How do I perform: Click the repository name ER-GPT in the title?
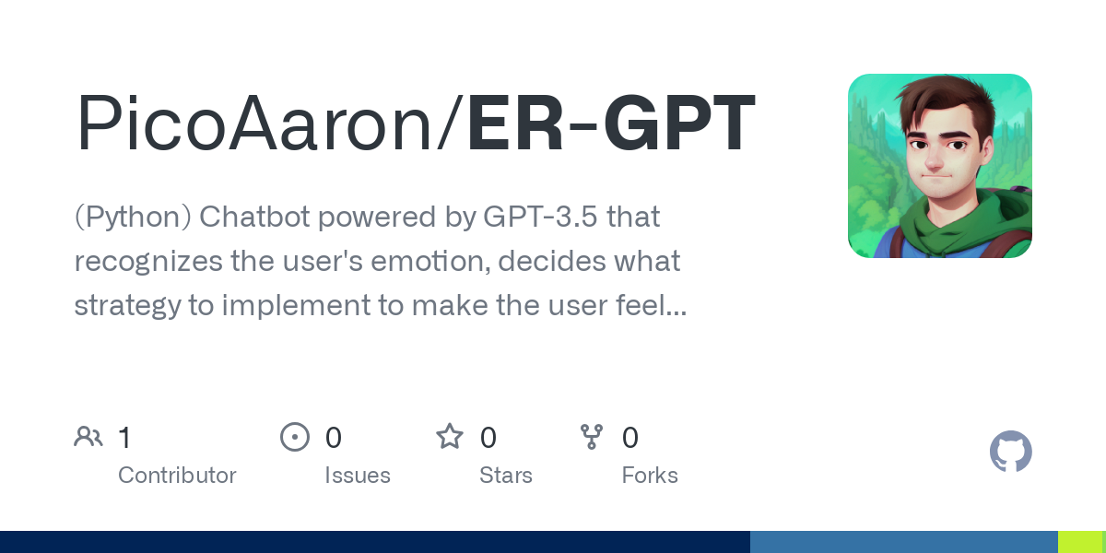pyautogui.click(x=611, y=124)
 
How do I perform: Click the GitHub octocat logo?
pyautogui.click(x=1010, y=453)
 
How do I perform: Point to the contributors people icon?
pyautogui.click(x=88, y=437)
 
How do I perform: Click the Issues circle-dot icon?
pyautogui.click(x=295, y=437)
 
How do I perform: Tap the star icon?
pyautogui.click(x=450, y=437)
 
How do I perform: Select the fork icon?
pyautogui.click(x=592, y=437)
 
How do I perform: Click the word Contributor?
pyautogui.click(x=177, y=476)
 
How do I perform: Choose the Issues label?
pyautogui.click(x=358, y=476)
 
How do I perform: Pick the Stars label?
pyautogui.click(x=506, y=476)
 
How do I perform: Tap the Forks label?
pyautogui.click(x=650, y=476)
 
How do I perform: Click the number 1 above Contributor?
pyautogui.click(x=124, y=438)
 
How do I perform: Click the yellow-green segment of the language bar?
pyautogui.click(x=1080, y=542)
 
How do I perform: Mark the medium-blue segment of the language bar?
pyautogui.click(x=903, y=542)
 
